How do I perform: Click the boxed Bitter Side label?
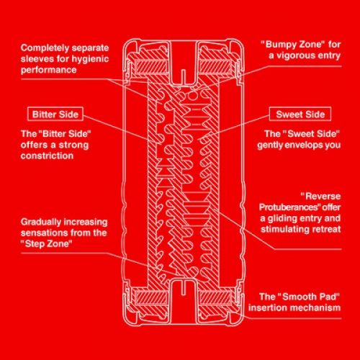[55, 114]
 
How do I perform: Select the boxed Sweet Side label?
[300, 114]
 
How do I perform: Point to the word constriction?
[47, 156]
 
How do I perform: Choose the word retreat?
[325, 229]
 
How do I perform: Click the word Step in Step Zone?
[35, 244]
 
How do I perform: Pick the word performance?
[48, 70]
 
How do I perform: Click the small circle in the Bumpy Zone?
[192, 96]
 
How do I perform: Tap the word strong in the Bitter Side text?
[73, 145]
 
